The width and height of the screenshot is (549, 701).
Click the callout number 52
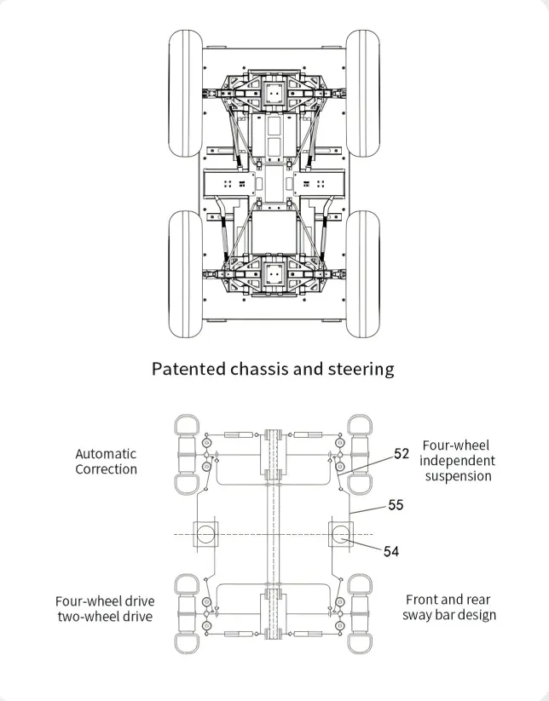point(402,454)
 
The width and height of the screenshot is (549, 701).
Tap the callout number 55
point(396,505)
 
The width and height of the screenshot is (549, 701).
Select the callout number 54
point(390,551)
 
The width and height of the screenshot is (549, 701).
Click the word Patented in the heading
point(188,369)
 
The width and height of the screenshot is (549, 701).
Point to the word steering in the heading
point(361,369)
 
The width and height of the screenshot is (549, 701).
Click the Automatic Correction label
point(106,462)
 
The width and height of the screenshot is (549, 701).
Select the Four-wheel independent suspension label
point(456,461)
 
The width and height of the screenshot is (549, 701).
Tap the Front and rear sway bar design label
point(449,607)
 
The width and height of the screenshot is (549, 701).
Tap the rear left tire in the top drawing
point(185,273)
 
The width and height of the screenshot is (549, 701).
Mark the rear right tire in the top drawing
point(362,273)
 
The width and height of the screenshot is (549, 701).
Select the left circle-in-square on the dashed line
point(206,535)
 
